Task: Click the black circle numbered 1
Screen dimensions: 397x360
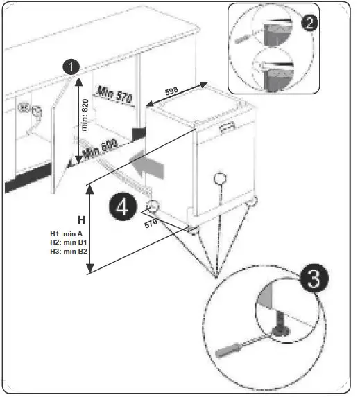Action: pos(70,67)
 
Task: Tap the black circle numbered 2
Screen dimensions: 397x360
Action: pos(310,21)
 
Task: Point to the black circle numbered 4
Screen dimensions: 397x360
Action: pos(121,208)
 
